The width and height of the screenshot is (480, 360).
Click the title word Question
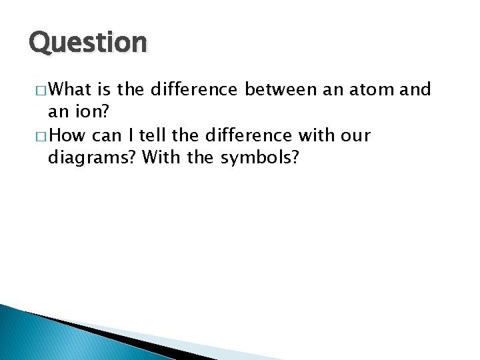tap(87, 43)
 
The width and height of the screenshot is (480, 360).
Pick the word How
tap(67, 136)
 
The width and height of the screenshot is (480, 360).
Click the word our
tap(355, 136)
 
